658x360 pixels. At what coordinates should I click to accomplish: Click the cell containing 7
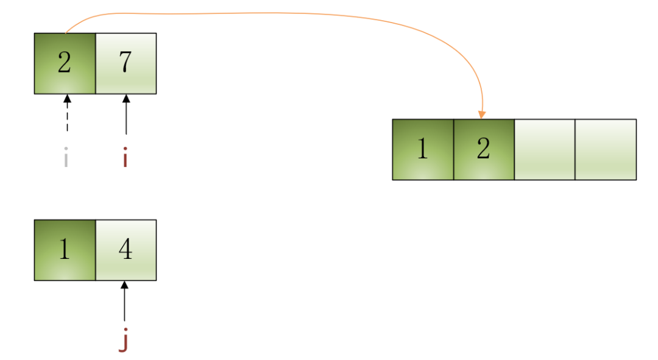[126, 63]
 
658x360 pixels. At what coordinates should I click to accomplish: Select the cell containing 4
[126, 250]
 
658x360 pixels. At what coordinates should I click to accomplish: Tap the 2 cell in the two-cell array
[65, 63]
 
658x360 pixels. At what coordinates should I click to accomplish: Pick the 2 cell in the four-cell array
[484, 149]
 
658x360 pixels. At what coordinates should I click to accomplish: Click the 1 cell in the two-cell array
[65, 250]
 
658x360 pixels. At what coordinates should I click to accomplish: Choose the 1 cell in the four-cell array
[423, 149]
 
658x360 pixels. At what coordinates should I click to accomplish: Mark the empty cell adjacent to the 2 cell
[545, 149]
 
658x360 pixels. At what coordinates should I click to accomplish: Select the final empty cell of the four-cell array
[606, 149]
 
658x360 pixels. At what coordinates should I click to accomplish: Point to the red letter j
[124, 341]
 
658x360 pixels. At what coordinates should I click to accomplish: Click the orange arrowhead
[482, 115]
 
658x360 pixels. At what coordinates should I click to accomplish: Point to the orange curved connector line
[274, 13]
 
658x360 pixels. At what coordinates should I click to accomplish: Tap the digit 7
[126, 63]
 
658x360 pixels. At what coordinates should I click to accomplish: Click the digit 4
[126, 250]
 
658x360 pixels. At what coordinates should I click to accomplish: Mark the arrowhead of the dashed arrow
[67, 98]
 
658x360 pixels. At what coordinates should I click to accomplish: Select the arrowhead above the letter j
[124, 284]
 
